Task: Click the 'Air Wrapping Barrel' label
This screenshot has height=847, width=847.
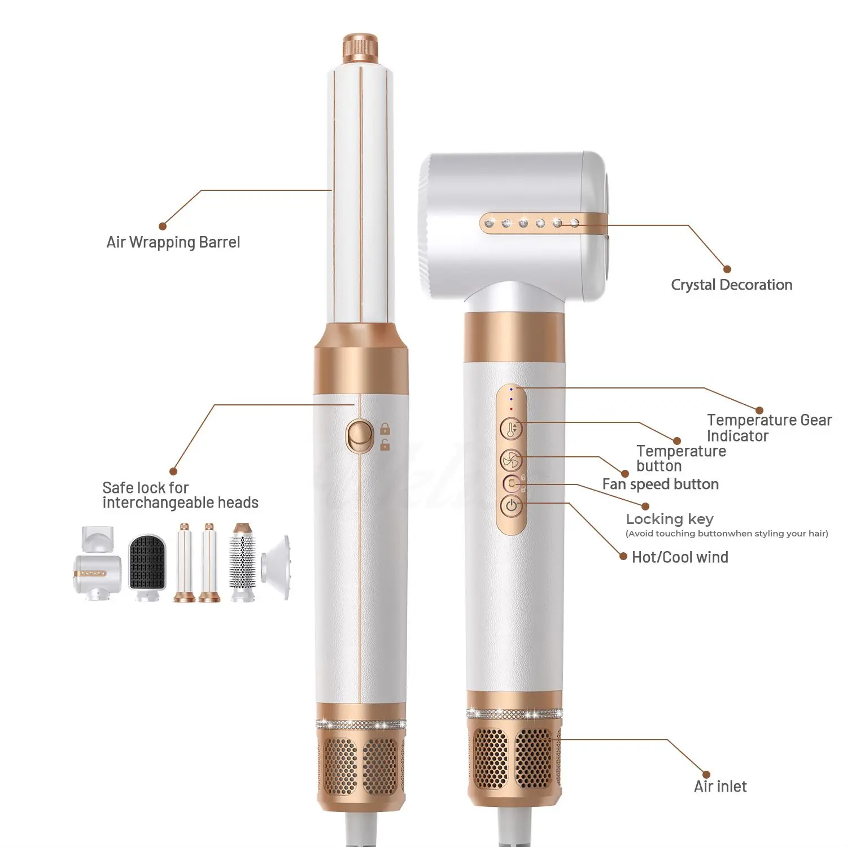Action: coord(173,242)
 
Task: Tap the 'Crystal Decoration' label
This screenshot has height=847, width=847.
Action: coord(731,285)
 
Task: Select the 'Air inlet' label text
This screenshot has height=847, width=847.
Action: coord(720,787)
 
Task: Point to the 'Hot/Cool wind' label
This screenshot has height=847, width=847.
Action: coord(680,557)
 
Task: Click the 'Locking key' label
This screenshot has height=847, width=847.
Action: coord(670,519)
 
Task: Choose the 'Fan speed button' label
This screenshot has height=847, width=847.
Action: coord(660,484)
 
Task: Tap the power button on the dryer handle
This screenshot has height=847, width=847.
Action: coord(512,505)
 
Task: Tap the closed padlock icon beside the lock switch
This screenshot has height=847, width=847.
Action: coord(385,429)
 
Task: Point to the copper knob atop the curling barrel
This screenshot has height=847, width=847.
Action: coord(360,49)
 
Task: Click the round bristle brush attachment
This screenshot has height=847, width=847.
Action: coord(243,564)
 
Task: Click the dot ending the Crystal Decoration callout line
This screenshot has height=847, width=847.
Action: coord(727,269)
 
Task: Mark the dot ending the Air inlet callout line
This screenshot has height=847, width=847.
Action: coord(706,774)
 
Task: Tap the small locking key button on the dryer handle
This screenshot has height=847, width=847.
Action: coord(512,484)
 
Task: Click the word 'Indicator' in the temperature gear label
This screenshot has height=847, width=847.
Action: coord(737,436)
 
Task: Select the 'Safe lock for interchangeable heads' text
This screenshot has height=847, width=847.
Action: coord(180,495)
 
